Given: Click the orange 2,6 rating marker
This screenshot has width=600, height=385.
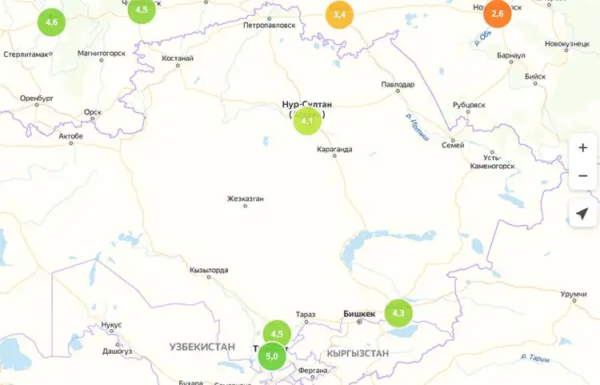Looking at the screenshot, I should coord(498,14).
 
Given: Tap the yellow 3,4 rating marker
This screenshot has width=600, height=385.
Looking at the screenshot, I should coord(339,14).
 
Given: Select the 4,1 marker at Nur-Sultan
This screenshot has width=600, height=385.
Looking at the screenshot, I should coord(307,121).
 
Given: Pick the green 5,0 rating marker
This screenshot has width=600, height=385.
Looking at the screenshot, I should coord(271,355).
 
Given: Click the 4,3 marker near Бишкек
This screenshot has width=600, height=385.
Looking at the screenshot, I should coord(398,312).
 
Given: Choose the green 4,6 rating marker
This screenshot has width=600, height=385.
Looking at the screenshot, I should coord(51,22).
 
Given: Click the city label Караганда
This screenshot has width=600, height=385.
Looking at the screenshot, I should coord(334,148).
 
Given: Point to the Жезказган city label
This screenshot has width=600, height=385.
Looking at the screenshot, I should coord(245,199).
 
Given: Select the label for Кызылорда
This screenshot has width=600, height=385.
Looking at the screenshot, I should coord(209,270).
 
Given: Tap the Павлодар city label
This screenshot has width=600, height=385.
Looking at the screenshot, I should coord(398,84).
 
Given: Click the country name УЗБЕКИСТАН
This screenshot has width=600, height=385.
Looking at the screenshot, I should coord(202,347).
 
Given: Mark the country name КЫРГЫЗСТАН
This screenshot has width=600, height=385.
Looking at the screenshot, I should coord(358,353).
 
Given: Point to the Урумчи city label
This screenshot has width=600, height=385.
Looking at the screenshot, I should coord(574,295).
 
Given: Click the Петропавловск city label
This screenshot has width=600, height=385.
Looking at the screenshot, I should coord(270,25).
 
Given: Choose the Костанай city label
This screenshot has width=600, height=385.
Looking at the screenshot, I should coord(178,58).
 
